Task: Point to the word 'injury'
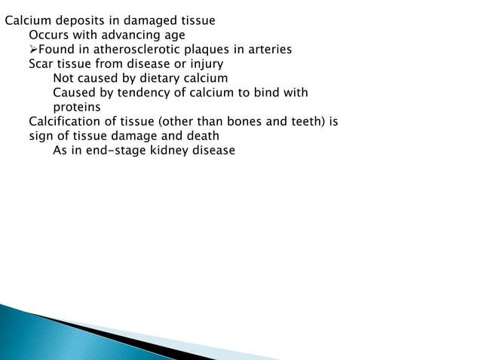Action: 204,63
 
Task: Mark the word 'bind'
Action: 264,93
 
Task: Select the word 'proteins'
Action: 77,107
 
